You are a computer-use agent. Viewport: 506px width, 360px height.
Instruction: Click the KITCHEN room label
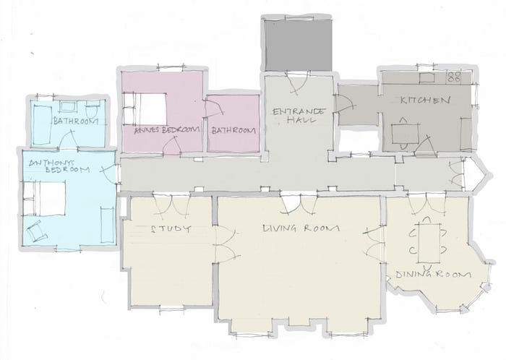[x=425, y=100]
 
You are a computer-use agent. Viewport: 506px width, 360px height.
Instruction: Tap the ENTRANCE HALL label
[x=298, y=116]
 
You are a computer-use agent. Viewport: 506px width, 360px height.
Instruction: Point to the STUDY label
[x=171, y=229]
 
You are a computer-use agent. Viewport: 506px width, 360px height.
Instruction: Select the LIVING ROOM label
[x=301, y=228]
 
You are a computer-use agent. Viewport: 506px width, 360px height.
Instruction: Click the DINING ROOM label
[x=434, y=275]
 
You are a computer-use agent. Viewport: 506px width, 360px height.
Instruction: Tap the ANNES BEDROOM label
[x=167, y=130]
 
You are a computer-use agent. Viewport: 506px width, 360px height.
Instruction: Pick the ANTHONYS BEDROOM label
[x=59, y=166]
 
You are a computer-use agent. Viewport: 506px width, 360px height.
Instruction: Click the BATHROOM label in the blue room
[x=76, y=121]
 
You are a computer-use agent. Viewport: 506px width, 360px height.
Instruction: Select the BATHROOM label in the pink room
[x=233, y=131]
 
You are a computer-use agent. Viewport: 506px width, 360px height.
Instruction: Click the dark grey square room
[x=298, y=45]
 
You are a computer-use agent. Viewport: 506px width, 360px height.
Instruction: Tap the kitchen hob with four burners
[x=455, y=77]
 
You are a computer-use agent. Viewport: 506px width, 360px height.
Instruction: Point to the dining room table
[x=429, y=243]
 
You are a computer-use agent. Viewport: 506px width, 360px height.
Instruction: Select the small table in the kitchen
[x=405, y=133]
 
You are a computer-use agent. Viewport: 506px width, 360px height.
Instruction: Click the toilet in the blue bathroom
[x=92, y=110]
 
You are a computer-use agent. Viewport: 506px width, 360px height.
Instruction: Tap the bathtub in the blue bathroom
[x=43, y=125]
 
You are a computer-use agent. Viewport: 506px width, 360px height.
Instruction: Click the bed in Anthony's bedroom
[x=45, y=198]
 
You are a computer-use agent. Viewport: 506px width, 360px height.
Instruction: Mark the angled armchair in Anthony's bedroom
[x=36, y=231]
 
